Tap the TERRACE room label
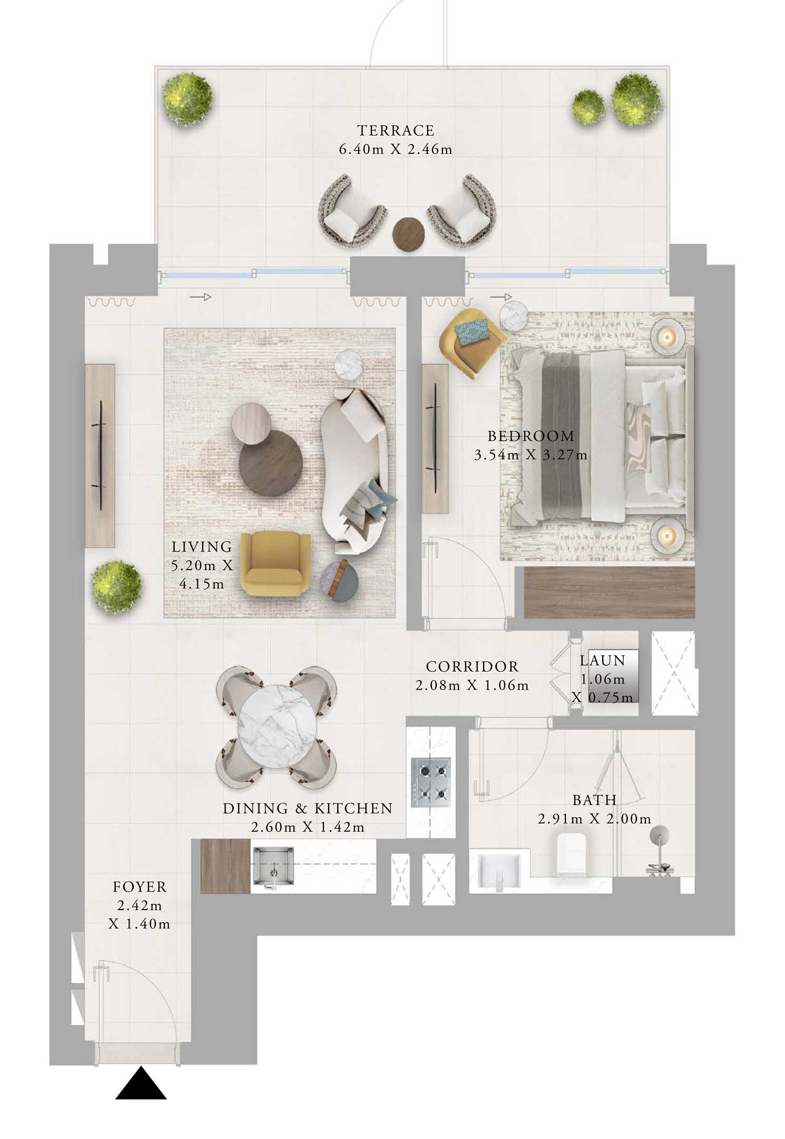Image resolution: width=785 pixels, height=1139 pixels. click(396, 130)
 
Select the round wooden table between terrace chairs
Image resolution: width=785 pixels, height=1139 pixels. click(409, 233)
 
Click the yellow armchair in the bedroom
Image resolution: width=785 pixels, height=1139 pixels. click(470, 342)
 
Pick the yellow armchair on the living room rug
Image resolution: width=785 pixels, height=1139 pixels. click(273, 563)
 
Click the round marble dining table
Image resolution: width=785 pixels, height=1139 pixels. click(278, 728)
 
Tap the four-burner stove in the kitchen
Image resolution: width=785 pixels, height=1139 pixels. click(430, 779)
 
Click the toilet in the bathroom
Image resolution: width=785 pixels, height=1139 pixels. click(573, 855)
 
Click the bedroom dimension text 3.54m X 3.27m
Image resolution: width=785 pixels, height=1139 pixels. click(531, 455)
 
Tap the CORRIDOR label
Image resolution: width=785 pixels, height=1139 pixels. click(472, 667)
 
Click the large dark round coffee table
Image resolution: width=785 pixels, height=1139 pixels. click(271, 462)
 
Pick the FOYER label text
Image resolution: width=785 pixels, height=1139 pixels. click(140, 887)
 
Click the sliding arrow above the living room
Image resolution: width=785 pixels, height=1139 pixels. click(200, 297)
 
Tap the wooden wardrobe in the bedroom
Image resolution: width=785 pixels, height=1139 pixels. click(610, 592)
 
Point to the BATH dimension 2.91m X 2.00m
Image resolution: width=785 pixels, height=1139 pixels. click(594, 819)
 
